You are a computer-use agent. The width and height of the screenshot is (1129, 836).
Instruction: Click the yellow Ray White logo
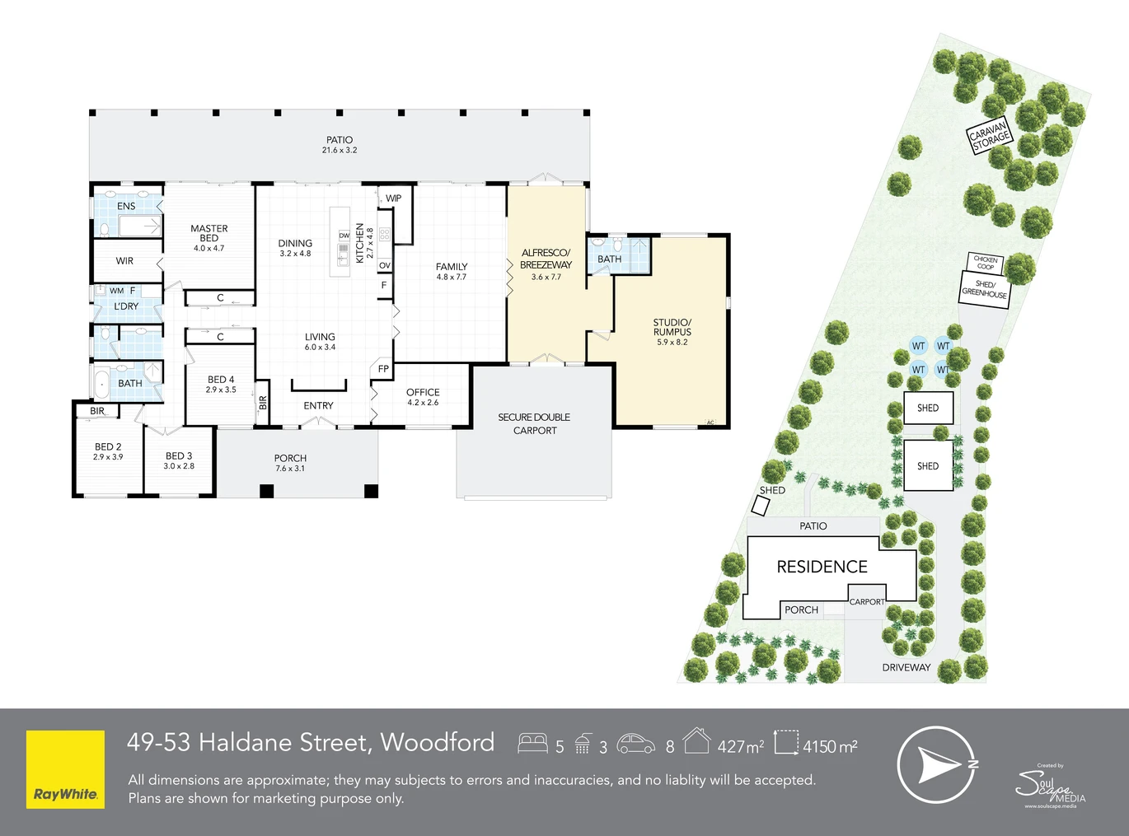(x=65, y=769)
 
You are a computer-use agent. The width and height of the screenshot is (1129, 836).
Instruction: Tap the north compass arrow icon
(x=937, y=765)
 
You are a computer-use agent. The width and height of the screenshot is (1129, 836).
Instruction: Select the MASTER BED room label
(x=209, y=233)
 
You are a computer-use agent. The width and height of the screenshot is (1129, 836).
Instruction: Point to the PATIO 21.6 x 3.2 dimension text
(x=340, y=150)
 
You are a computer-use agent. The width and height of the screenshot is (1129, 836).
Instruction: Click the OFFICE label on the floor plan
(x=423, y=392)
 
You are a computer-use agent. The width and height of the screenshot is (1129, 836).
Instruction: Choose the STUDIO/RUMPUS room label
(x=672, y=327)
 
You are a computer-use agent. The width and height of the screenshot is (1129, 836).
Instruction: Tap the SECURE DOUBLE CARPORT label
(x=534, y=424)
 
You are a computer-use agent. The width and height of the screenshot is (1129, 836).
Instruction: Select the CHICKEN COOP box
(x=986, y=263)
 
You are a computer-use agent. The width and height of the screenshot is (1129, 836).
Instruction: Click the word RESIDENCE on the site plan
(x=822, y=567)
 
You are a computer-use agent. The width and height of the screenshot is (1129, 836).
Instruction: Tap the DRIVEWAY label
(x=906, y=668)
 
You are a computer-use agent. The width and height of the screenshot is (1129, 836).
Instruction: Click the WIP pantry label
(x=393, y=198)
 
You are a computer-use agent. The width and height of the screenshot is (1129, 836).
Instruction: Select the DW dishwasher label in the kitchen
(x=344, y=236)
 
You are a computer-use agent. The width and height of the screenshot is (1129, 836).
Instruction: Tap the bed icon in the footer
(x=532, y=743)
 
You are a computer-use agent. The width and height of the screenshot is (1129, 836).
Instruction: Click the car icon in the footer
(x=635, y=744)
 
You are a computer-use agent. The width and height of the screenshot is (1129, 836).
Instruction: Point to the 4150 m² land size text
(x=831, y=746)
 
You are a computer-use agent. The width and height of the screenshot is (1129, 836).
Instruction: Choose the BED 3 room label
(x=179, y=456)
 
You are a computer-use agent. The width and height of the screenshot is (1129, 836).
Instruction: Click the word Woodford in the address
(x=438, y=742)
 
